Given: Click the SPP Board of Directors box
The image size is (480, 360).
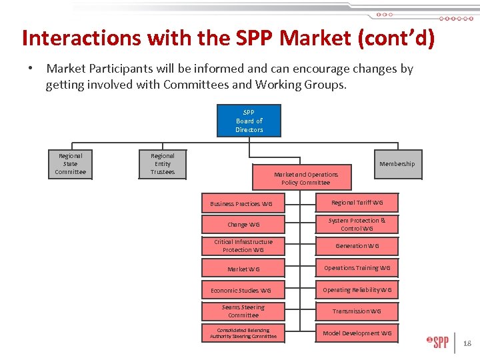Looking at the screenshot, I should [249, 121].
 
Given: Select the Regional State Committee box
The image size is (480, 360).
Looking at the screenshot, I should [70, 164].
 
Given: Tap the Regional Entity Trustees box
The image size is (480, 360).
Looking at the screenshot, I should [162, 164].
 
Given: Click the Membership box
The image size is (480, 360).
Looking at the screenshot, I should [397, 164].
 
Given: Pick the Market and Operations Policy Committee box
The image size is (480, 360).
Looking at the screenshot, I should [305, 178].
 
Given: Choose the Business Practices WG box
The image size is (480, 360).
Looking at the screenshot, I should [243, 203].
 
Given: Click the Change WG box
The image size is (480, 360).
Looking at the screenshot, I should [243, 225].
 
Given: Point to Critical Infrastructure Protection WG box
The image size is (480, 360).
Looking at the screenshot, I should [243, 246].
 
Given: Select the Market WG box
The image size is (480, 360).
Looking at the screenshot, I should [243, 269].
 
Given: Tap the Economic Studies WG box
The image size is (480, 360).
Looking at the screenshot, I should [243, 290].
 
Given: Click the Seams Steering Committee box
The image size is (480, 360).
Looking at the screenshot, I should [243, 311].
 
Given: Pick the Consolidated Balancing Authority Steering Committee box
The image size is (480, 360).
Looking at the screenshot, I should [243, 333].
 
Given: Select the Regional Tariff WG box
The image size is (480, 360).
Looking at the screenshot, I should [357, 203].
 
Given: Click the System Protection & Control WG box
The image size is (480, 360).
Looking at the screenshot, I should [357, 224].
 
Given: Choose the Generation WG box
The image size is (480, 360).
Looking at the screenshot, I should [357, 246].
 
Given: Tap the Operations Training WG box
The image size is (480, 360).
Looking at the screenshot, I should [357, 268].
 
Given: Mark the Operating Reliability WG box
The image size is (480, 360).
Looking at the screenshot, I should [357, 290].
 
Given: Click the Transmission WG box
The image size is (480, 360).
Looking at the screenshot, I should [357, 311].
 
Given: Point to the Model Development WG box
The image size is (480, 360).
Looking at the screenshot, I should [357, 333].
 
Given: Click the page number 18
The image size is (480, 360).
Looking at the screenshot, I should [467, 343].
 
